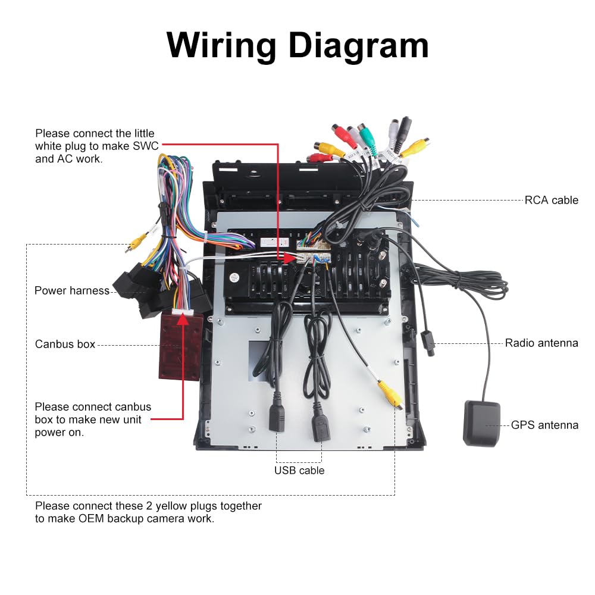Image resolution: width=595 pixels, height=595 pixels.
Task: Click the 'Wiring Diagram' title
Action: (297, 46)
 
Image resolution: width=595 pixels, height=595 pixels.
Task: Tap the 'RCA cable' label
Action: (552, 200)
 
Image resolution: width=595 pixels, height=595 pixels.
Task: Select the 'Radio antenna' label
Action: (541, 343)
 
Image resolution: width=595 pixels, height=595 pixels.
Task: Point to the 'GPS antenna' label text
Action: (544, 425)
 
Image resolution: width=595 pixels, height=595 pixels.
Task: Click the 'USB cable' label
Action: (299, 471)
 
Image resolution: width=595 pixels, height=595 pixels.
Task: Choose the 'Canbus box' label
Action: (65, 344)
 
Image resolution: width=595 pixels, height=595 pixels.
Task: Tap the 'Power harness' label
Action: (72, 291)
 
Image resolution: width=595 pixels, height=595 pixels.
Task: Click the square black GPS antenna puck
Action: (482, 423)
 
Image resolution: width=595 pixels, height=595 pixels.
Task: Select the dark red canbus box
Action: (180, 345)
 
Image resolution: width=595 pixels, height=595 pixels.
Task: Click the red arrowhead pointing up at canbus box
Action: (183, 319)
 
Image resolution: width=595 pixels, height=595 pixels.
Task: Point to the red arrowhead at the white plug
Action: (290, 258)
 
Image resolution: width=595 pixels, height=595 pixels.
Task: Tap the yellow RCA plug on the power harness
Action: (136, 242)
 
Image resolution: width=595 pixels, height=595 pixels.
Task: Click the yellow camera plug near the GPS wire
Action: (390, 394)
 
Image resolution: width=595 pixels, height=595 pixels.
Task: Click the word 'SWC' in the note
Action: (146, 146)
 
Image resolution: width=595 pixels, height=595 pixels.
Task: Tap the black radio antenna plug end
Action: (427, 343)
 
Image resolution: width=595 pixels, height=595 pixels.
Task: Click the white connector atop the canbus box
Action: (183, 312)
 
